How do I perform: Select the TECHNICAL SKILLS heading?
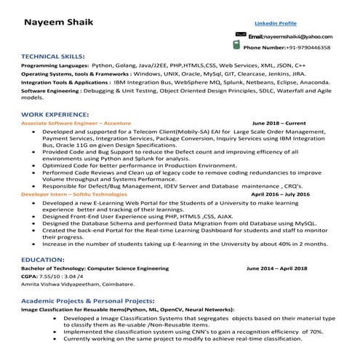pyautogui.click(x=53, y=55)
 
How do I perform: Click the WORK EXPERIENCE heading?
pyautogui.click(x=55, y=115)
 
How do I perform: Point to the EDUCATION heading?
pyautogui.click(x=43, y=259)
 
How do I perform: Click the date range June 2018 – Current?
pyautogui.click(x=279, y=124)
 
